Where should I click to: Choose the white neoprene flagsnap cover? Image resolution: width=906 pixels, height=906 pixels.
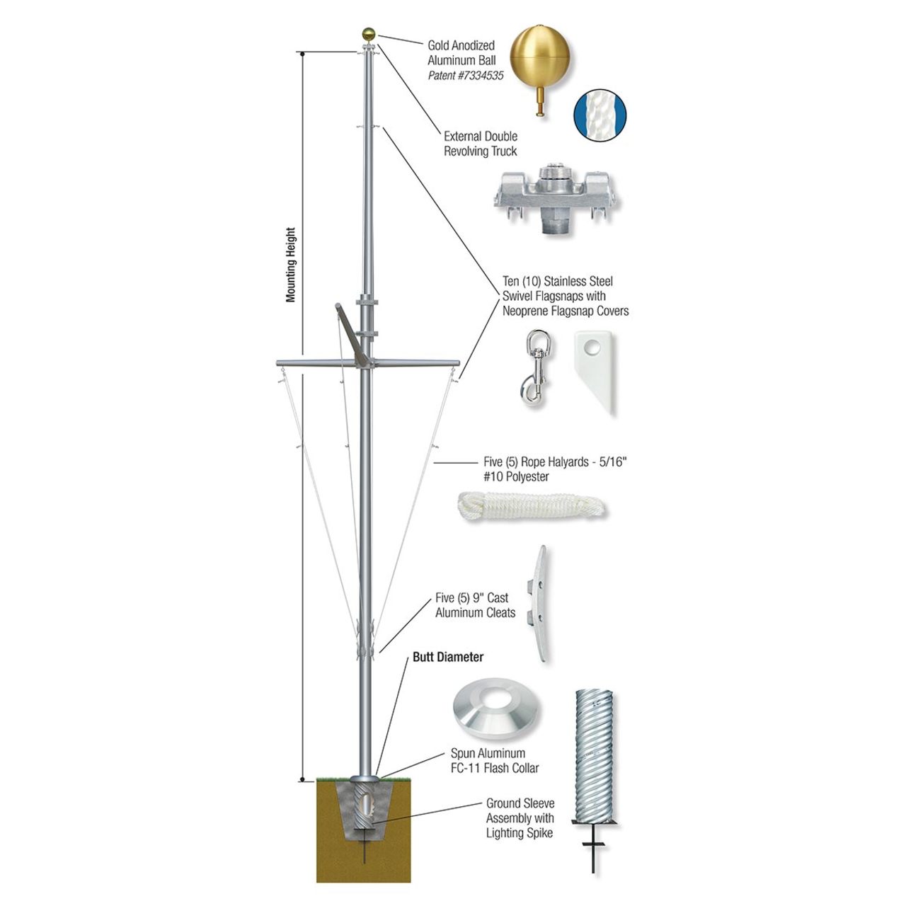click(x=595, y=372)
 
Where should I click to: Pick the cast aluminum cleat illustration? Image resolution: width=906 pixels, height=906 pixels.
click(x=539, y=604)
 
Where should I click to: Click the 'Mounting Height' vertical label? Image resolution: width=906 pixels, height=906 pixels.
click(x=291, y=265)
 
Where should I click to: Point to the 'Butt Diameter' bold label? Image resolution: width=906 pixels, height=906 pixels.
click(x=448, y=657)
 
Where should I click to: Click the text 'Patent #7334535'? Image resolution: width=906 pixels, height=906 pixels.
click(x=466, y=75)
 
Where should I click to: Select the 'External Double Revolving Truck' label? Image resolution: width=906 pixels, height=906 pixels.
click(x=481, y=144)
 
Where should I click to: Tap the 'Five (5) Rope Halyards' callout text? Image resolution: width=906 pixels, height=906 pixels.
click(x=556, y=469)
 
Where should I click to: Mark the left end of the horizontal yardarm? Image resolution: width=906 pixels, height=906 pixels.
click(x=277, y=363)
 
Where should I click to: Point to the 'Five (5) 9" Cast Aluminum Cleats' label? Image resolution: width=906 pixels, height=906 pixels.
click(x=475, y=605)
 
